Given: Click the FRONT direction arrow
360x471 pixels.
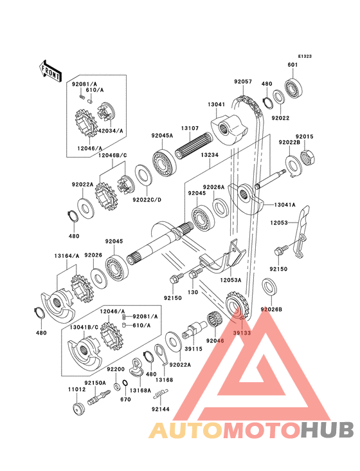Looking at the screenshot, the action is pyautogui.click(x=50, y=71).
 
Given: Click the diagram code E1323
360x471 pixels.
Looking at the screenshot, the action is pyautogui.click(x=305, y=57).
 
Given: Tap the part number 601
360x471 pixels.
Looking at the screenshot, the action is pyautogui.click(x=292, y=65).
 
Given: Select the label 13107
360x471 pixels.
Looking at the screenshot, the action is pyautogui.click(x=190, y=128).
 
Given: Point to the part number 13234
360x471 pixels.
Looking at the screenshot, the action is pyautogui.click(x=210, y=155).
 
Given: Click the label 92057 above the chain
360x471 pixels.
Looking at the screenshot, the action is pyautogui.click(x=243, y=82).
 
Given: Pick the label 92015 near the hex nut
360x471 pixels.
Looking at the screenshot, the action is pyautogui.click(x=305, y=136).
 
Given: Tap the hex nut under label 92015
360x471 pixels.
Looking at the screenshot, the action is pyautogui.click(x=307, y=158).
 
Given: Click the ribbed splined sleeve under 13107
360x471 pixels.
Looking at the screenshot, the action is pyautogui.click(x=194, y=145).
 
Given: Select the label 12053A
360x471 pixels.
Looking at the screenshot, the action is pyautogui.click(x=230, y=280).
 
